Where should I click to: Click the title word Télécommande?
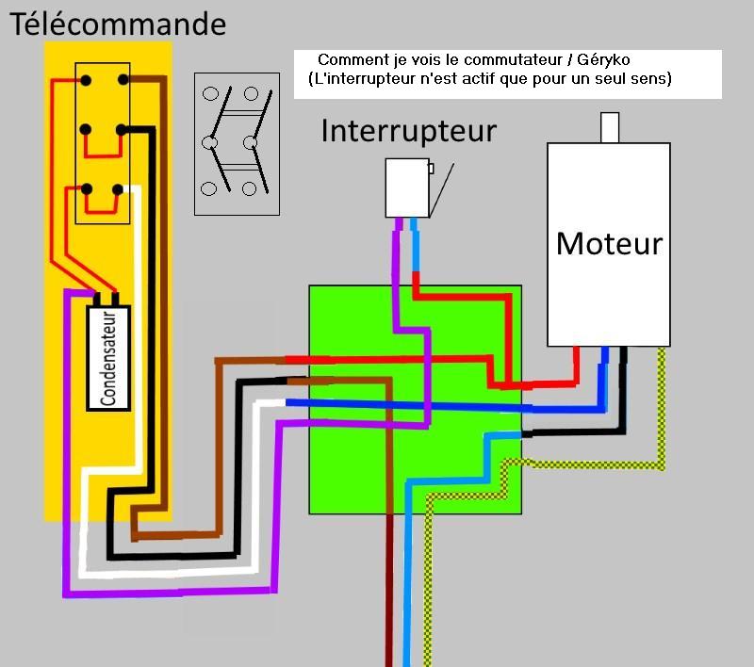tap(118, 24)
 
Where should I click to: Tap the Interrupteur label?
tap(408, 130)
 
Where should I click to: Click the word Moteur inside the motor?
tap(609, 243)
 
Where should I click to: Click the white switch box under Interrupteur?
tap(408, 188)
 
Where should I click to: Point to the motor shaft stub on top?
tap(610, 127)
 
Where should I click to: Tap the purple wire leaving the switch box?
tap(399, 264)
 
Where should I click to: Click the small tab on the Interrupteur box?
tap(431, 170)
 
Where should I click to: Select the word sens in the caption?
tap(653, 79)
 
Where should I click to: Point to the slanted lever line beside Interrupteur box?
tap(444, 188)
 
